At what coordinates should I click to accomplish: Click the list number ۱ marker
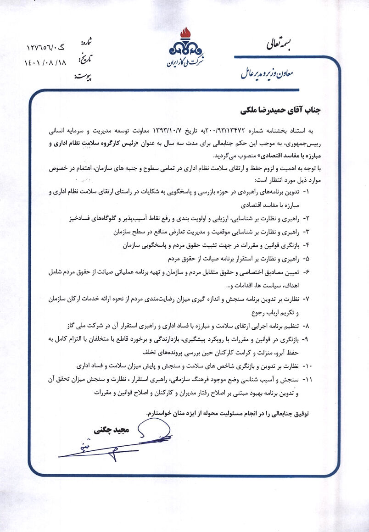(307, 190)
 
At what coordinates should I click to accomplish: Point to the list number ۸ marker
(307, 326)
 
